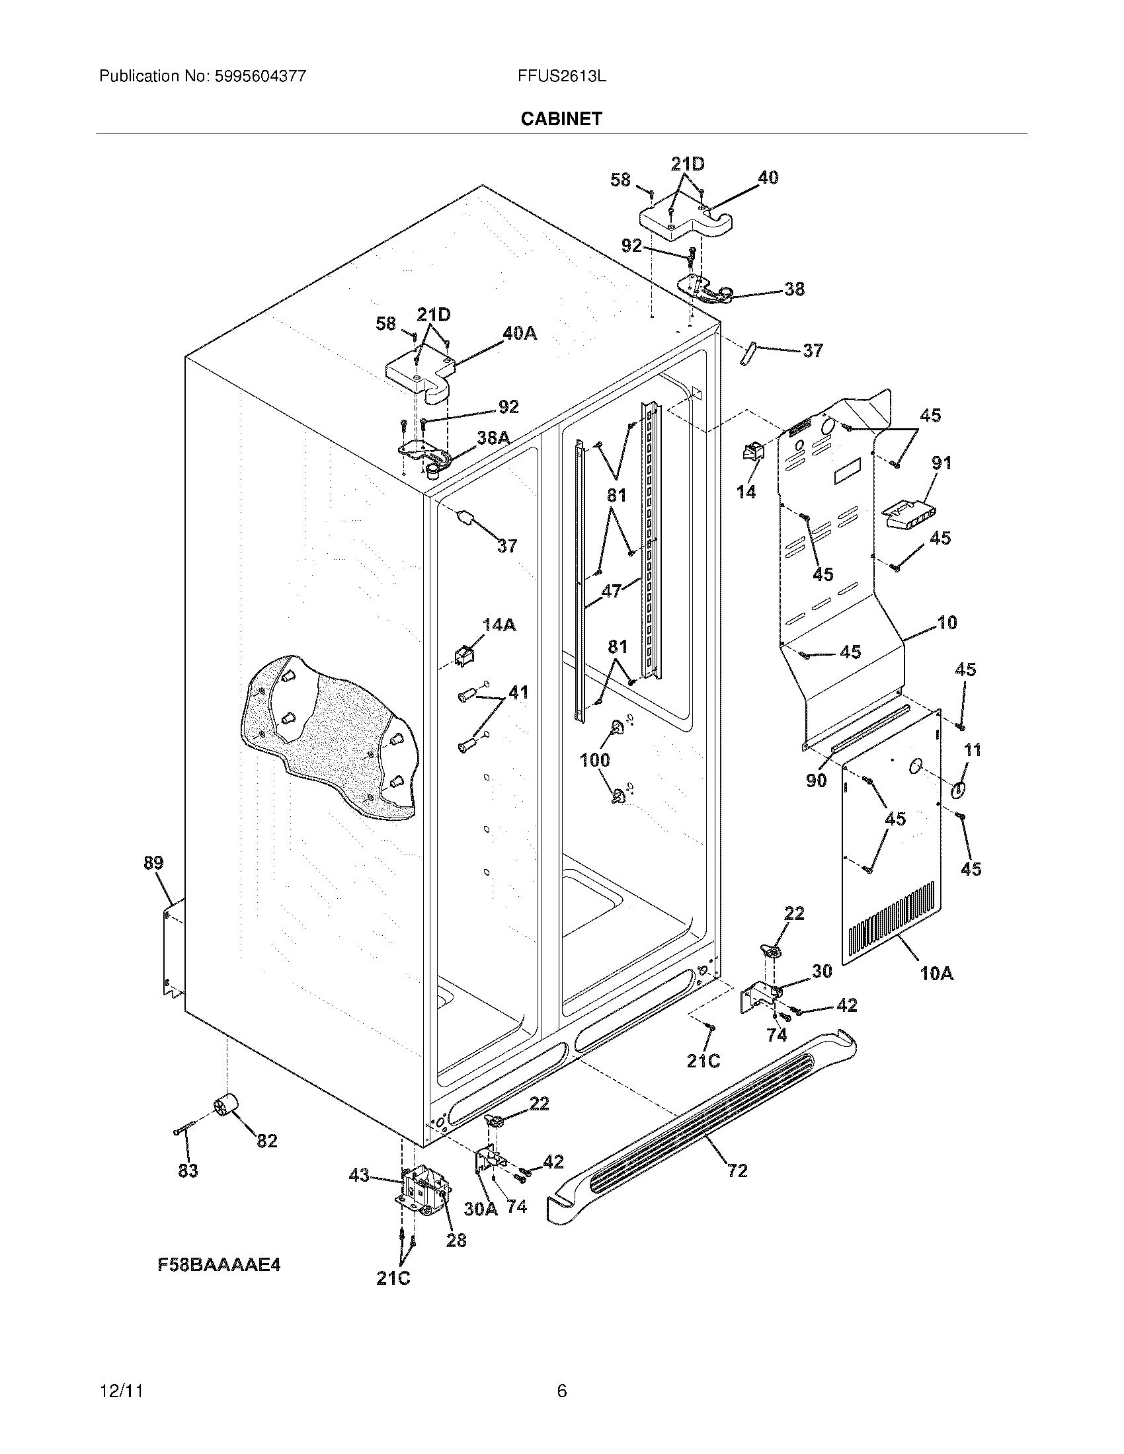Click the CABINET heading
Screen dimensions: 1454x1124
tap(561, 118)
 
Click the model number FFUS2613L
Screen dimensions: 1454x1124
tap(561, 76)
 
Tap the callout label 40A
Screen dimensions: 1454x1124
tap(520, 333)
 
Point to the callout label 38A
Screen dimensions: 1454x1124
tap(493, 438)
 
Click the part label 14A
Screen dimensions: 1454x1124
tap(499, 625)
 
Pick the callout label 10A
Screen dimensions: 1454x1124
tap(937, 974)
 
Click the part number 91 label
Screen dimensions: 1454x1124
tap(941, 463)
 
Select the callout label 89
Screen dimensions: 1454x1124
tap(153, 864)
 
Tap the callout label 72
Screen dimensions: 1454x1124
tap(737, 1170)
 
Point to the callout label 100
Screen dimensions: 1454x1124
tap(594, 759)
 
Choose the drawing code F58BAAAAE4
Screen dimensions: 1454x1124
tap(219, 1264)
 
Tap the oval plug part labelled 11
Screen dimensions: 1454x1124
tap(958, 790)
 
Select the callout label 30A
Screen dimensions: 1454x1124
tap(480, 1208)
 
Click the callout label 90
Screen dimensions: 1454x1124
tap(816, 781)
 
